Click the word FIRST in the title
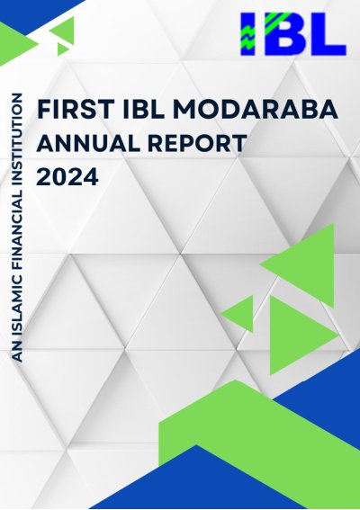click(76, 110)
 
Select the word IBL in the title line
click(143, 110)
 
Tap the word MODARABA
click(256, 110)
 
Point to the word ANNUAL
click(88, 143)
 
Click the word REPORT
click(197, 143)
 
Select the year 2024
click(67, 176)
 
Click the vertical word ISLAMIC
click(17, 308)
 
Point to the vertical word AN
click(17, 353)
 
